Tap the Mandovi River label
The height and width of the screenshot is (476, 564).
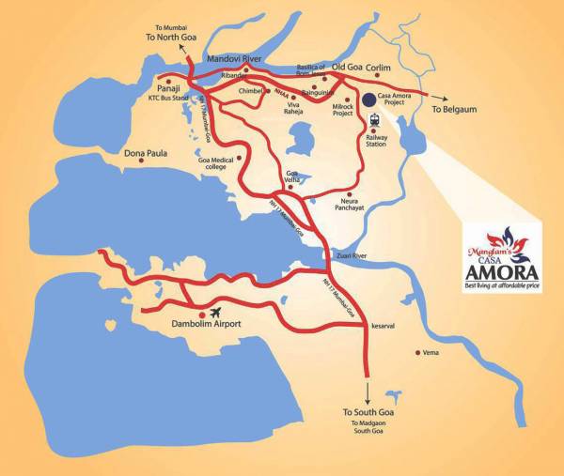[x=233, y=58]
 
